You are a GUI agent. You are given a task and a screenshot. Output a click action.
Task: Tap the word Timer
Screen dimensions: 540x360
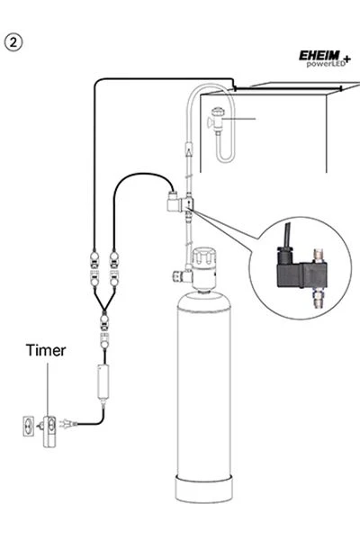click(x=44, y=350)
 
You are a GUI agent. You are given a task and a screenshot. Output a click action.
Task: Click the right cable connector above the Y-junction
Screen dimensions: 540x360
click(x=114, y=267)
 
